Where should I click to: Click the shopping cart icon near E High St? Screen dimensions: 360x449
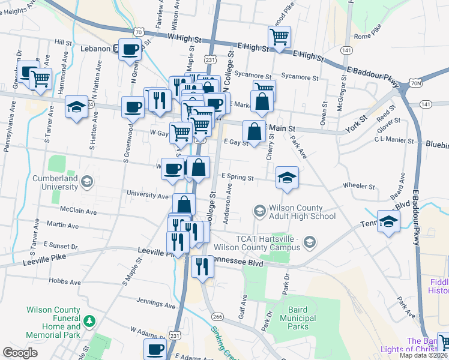[279, 38]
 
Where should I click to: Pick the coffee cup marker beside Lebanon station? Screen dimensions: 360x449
[130, 50]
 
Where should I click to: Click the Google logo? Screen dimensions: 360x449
[20, 353]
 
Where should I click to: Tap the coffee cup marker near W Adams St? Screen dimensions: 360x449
[155, 349]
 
